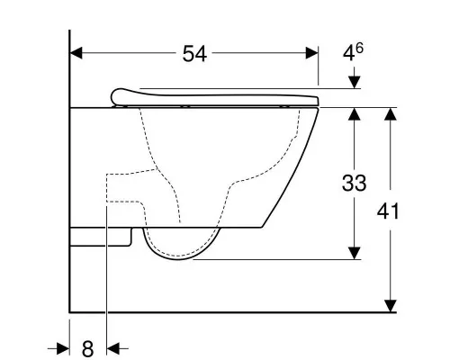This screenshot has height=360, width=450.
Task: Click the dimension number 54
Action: click(194, 54)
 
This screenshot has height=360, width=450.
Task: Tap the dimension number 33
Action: click(355, 183)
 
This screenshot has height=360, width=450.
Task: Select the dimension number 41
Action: click(388, 211)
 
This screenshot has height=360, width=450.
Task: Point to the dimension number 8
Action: click(87, 349)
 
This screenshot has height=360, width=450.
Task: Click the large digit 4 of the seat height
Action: click(349, 54)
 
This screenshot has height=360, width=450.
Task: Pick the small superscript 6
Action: click(359, 48)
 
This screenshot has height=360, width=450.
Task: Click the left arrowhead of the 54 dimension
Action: click(76, 53)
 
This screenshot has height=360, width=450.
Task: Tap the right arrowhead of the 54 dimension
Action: click(312, 53)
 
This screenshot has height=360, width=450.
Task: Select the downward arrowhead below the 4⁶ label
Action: click(355, 83)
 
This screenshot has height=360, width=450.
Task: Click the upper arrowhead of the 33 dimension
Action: click(355, 114)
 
